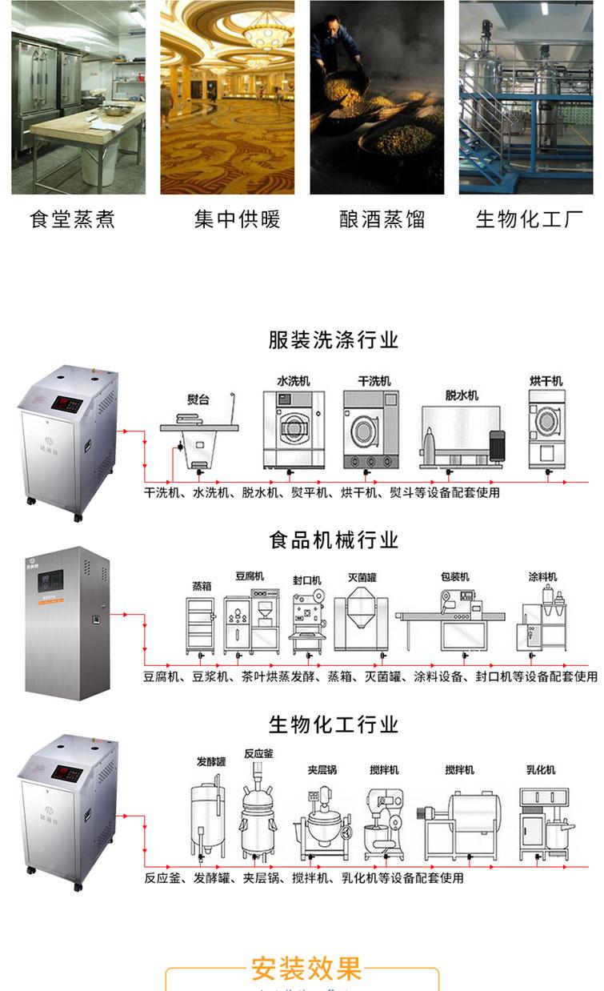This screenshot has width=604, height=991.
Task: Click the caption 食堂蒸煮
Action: [x=72, y=219]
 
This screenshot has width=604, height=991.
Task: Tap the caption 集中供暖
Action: [x=237, y=219]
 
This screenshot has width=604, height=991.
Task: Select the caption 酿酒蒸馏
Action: [x=382, y=219]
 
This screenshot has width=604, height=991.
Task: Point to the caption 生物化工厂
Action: [x=529, y=219]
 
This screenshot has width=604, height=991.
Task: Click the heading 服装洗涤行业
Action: [x=333, y=339]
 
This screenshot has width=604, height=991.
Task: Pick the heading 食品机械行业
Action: [x=333, y=540]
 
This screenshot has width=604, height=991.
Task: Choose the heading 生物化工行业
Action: [x=333, y=725]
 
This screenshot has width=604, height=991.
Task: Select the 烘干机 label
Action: [x=546, y=380]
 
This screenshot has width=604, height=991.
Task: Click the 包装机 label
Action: [x=454, y=576]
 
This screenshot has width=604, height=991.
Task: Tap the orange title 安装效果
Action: [x=306, y=969]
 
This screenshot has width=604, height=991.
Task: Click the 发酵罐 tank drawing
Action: [x=207, y=808]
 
